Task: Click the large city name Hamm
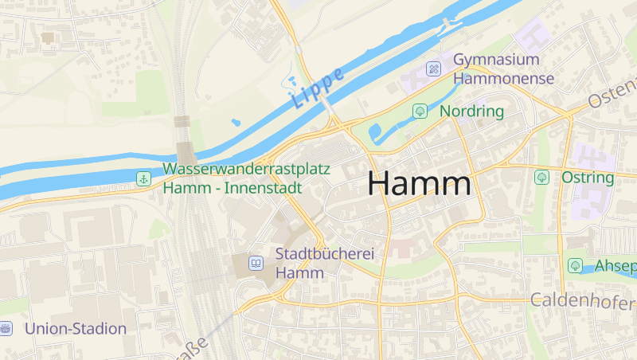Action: (x=419, y=184)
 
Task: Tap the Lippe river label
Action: (x=318, y=88)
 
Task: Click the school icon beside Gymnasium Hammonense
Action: (x=433, y=68)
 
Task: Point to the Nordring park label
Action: (x=471, y=111)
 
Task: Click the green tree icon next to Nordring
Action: (x=420, y=111)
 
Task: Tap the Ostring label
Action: (x=588, y=177)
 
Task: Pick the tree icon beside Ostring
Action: (x=542, y=177)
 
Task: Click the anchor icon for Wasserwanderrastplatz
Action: (x=143, y=178)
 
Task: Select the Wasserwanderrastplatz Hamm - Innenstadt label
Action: (x=233, y=179)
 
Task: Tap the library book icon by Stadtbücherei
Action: (x=256, y=263)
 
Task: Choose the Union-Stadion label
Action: (x=76, y=328)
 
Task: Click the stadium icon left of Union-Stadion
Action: (x=6, y=328)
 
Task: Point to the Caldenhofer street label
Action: (x=583, y=301)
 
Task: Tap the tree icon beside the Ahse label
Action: (x=575, y=264)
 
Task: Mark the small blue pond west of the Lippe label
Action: (x=236, y=123)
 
